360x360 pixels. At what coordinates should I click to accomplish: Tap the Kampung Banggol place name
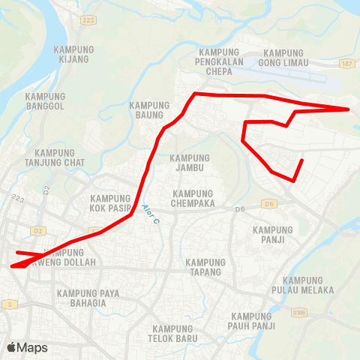tap(45, 102)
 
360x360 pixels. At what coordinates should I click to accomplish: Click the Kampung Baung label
tap(151, 110)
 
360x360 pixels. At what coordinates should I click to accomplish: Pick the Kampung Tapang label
tap(205, 267)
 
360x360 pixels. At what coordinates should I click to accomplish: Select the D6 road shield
tap(268, 204)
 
